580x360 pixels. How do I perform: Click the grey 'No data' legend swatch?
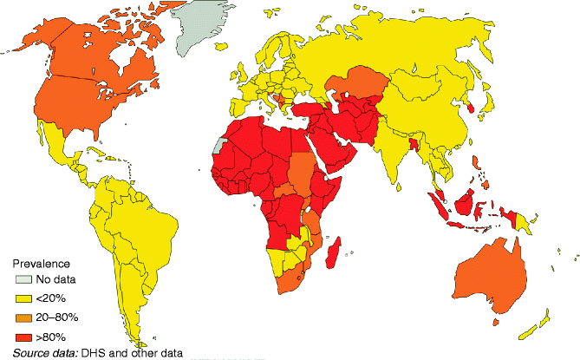(21, 278)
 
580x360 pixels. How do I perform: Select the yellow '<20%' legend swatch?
(21, 298)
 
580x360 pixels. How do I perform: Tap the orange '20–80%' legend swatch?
(21, 317)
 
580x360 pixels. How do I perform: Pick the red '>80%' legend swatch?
(21, 336)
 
